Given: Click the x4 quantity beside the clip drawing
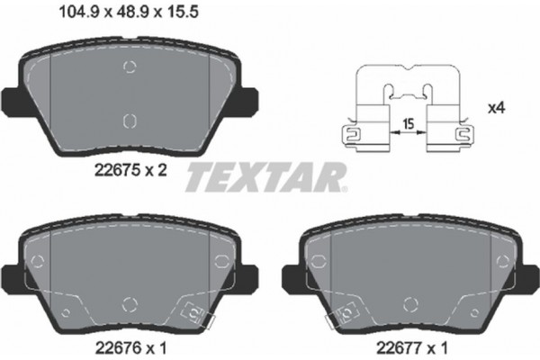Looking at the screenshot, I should (x=494, y=108).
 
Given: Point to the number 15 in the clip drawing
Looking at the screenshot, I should (x=409, y=125).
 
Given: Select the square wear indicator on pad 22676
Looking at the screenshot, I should (x=191, y=312).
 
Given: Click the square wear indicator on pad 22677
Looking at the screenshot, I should (x=343, y=312).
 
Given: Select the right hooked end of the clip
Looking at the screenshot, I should (x=467, y=136).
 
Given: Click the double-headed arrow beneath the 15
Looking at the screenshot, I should (x=409, y=137).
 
